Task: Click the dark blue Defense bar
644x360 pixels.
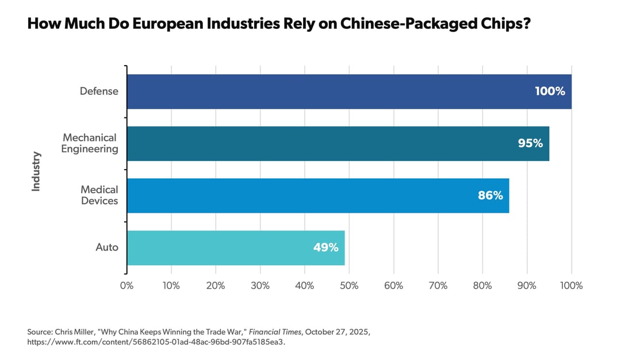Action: (x=345, y=91)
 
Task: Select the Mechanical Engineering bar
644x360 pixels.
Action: (x=333, y=143)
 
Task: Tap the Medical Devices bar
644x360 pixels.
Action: (x=316, y=196)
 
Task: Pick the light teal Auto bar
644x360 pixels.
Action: (x=230, y=247)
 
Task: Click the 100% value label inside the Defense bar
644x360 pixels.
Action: (x=550, y=91)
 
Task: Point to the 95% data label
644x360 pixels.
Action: (x=530, y=143)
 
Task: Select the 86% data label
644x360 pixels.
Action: (x=490, y=196)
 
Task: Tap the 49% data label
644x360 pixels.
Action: (x=325, y=247)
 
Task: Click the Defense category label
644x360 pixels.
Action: (x=99, y=91)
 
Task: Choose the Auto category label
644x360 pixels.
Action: (x=107, y=247)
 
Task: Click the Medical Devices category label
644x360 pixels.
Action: (x=99, y=196)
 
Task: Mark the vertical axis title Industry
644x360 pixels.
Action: (x=36, y=171)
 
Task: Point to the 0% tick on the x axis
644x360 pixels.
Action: (x=126, y=286)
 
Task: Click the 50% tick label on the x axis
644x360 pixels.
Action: (x=349, y=286)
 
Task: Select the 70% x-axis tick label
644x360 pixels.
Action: (x=438, y=286)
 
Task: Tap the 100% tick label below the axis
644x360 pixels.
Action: (x=571, y=286)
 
